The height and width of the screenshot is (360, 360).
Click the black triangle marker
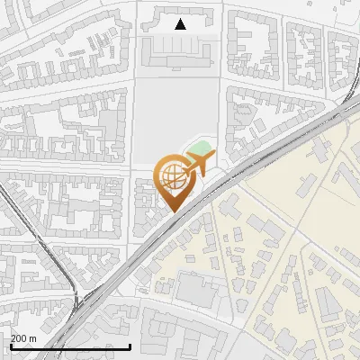pos(180,24)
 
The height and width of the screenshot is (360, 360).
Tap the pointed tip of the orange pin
pos(173,211)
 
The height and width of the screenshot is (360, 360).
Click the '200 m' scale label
pos(23,338)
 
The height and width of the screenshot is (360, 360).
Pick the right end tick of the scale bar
pos(131,346)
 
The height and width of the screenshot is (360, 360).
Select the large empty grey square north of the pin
pos(176,117)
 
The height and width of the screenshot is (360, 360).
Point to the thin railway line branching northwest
pos(27,225)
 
